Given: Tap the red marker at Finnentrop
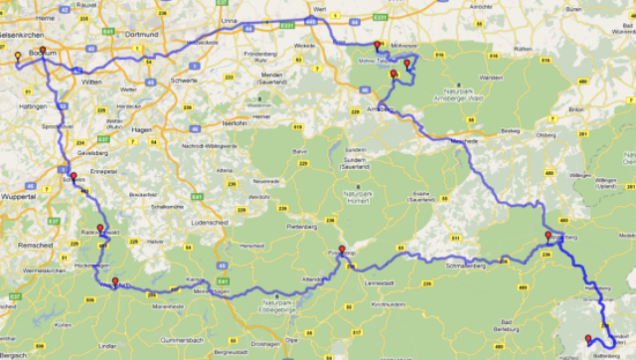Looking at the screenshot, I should coord(342,250).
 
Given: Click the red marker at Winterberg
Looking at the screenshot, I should coord(548,236).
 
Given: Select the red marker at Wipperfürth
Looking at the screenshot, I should coord(115,280).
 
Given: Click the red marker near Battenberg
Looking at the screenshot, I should coord(588,338).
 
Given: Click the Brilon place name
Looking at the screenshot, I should coord(574,108).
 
